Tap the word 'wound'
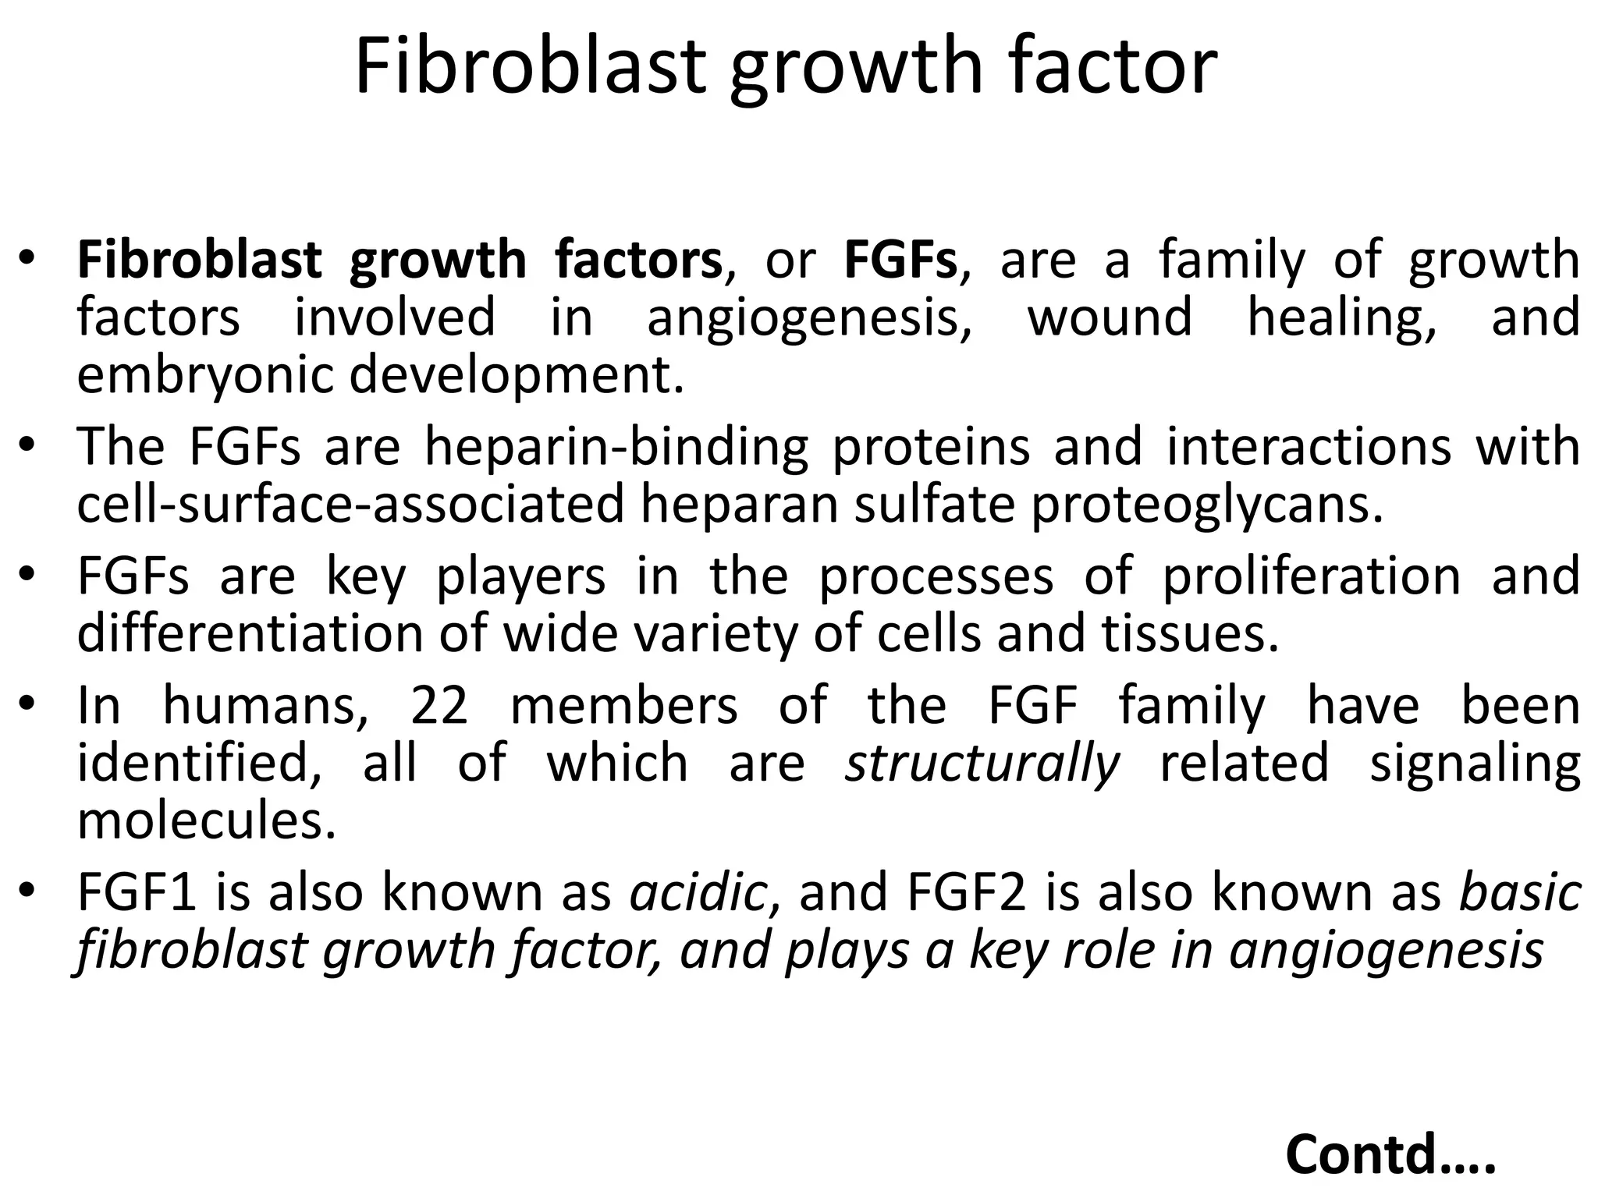pos(1110,318)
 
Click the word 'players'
pos(520,577)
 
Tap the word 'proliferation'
pos(1311,577)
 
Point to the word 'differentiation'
pos(250,635)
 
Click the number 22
pos(439,706)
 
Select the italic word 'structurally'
pos(982,764)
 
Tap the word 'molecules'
pos(206,821)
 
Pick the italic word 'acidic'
pos(699,894)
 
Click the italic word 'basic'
pos(1520,894)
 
